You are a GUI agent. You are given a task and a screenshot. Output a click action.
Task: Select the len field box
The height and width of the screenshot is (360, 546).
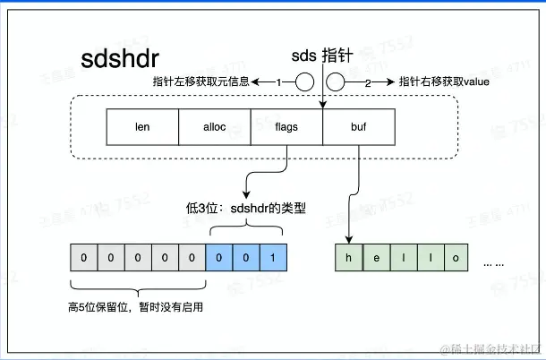click(x=142, y=127)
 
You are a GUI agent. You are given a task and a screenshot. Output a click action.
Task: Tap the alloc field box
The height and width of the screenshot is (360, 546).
click(x=215, y=127)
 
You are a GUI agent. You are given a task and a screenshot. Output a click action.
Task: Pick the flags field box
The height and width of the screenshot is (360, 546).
click(x=286, y=127)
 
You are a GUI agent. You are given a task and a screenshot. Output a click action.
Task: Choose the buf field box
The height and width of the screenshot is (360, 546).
click(x=358, y=127)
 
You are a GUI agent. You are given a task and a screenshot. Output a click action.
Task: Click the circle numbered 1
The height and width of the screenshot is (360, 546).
click(x=304, y=82)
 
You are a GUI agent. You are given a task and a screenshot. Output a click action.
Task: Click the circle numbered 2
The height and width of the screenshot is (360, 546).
click(x=337, y=82)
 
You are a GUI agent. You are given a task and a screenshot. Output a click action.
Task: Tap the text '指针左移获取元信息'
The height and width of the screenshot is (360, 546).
click(x=204, y=82)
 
